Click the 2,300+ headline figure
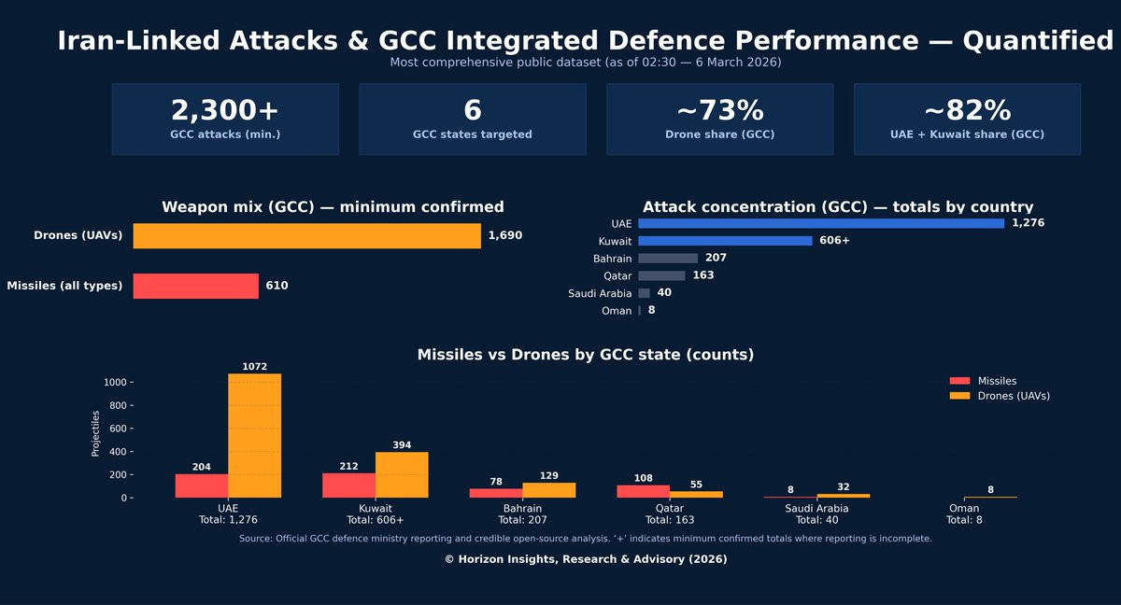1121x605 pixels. pos(224,110)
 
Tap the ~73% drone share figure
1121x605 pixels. pos(719,110)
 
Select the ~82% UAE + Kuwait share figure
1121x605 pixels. pos(967,110)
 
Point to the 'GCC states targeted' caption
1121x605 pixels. pos(472,134)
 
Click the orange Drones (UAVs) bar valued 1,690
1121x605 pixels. pos(306,236)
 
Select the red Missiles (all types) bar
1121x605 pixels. pos(195,286)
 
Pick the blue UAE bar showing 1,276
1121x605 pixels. pos(820,223)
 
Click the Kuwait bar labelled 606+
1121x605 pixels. pos(725,241)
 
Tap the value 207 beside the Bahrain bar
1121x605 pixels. pos(717,258)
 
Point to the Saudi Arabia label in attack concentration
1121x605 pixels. pos(600,293)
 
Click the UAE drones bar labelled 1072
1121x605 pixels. pos(254,435)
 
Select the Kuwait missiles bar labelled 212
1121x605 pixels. pos(348,485)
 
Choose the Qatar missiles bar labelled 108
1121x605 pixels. pos(643,491)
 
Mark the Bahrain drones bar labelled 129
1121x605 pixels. pos(548,490)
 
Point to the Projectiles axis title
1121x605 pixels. pos(95,432)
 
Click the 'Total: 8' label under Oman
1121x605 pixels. pos(964,520)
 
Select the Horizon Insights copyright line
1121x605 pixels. pos(586,559)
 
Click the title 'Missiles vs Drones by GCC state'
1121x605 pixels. pos(586,355)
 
